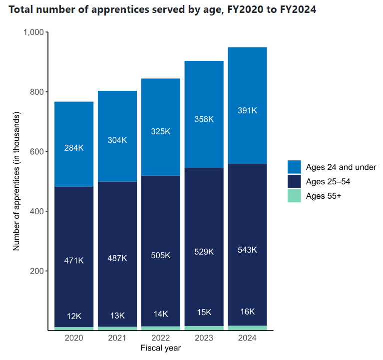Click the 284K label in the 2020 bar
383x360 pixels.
pyautogui.click(x=74, y=148)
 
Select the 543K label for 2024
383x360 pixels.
pyautogui.click(x=247, y=250)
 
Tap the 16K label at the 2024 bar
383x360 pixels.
pyautogui.click(x=247, y=312)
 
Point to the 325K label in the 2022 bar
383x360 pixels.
pyautogui.click(x=160, y=131)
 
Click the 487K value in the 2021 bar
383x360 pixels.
pyautogui.click(x=117, y=258)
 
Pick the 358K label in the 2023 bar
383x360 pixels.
pyautogui.click(x=204, y=119)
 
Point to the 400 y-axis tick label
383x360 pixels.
pyautogui.click(x=36, y=211)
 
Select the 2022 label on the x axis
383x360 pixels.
pyautogui.click(x=160, y=338)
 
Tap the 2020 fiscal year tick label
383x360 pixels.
pyautogui.click(x=74, y=338)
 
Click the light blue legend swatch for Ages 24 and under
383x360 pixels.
pyautogui.click(x=295, y=167)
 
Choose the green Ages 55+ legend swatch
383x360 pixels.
pyautogui.click(x=295, y=196)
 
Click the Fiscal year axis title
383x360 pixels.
pyautogui.click(x=160, y=348)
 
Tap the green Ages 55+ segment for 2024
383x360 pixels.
pyautogui.click(x=247, y=328)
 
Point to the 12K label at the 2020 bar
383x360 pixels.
pyautogui.click(x=74, y=316)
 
